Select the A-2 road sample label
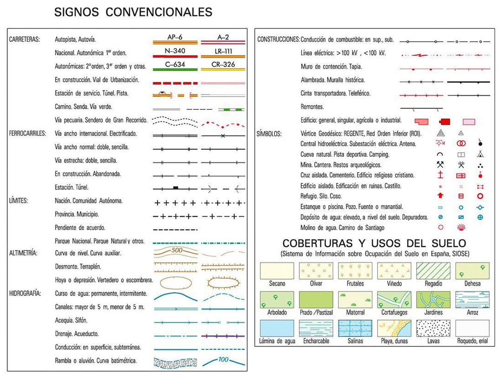[223, 37]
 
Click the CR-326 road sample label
[223, 64]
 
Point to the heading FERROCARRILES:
[27, 134]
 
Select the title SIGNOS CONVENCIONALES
[133, 12]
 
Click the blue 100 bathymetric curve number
[223, 359]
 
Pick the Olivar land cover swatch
[316, 271]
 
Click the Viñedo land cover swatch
[394, 271]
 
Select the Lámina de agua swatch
[277, 328]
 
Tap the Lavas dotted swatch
[433, 328]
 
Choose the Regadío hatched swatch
[433, 271]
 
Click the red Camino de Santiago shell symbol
[461, 228]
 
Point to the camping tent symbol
[480, 154]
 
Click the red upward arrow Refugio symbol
[440, 196]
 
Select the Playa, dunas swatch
[394, 328]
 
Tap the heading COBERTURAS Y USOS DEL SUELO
[374, 243]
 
